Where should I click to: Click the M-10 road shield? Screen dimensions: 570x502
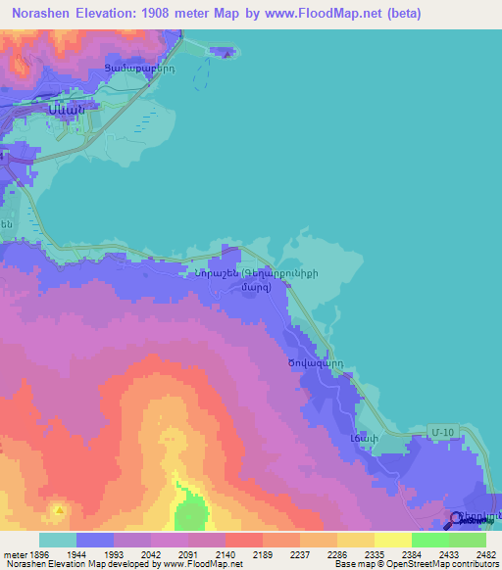click(442, 431)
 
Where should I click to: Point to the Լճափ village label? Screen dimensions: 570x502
click(364, 438)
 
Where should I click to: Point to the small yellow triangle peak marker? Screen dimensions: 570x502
click(60, 510)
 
